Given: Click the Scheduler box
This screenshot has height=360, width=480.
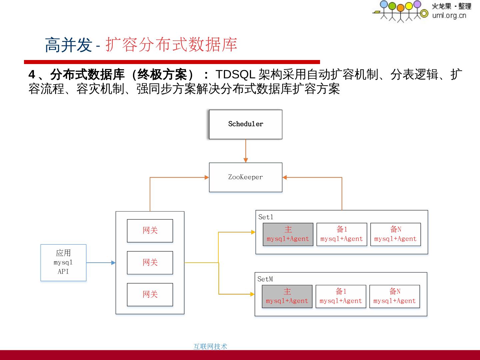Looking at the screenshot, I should [245, 124].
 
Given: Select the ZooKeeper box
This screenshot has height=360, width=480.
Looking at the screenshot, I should [245, 177].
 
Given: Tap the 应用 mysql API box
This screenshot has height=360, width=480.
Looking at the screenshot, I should [63, 263].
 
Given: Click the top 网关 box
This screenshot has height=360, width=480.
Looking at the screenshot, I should [150, 231].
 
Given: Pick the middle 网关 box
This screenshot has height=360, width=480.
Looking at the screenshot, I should [150, 263].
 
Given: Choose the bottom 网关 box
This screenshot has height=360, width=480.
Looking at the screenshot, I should [150, 295].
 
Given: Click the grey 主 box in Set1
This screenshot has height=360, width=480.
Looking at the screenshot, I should [288, 234].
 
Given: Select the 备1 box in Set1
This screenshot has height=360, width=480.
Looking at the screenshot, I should [342, 234].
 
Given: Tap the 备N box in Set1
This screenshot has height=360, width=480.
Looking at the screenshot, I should [395, 234].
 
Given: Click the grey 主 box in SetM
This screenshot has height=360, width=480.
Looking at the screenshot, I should [287, 296].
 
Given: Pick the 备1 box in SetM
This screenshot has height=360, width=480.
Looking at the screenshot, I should [341, 296].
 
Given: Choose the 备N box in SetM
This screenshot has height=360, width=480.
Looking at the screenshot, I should [394, 296].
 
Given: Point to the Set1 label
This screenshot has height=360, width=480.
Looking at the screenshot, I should [266, 217].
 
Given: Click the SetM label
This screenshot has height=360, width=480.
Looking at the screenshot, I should [265, 279].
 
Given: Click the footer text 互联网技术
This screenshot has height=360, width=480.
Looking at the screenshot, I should [210, 347].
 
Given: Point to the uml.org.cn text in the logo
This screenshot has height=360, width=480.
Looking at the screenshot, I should [449, 15].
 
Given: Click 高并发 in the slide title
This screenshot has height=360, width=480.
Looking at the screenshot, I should [68, 45].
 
